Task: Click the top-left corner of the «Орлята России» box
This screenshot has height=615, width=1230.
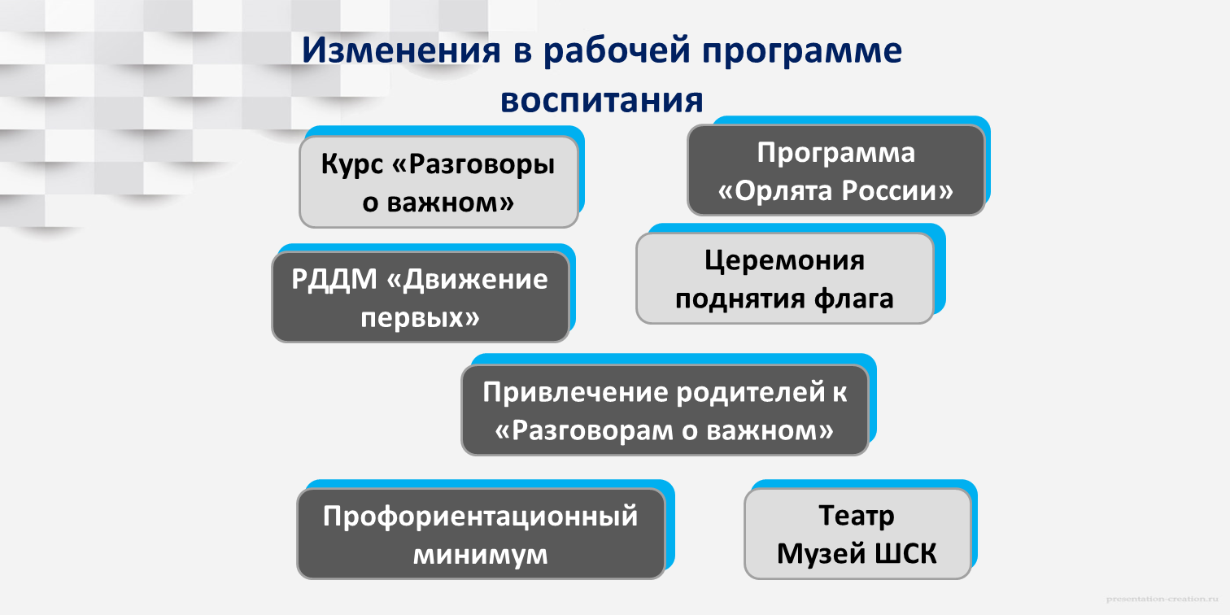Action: pyautogui.click(x=688, y=125)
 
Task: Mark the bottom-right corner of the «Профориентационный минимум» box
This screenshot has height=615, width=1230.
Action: pyautogui.click(x=665, y=578)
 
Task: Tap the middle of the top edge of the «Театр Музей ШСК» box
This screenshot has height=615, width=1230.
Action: pyautogui.click(x=857, y=489)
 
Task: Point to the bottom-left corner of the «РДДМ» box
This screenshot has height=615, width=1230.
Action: pyautogui.click(x=273, y=342)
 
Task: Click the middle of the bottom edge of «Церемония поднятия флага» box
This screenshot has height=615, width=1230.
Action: pyautogui.click(x=785, y=323)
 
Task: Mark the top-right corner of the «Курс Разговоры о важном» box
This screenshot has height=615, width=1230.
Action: pyautogui.click(x=578, y=137)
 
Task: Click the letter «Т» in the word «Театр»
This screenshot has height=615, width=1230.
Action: pyautogui.click(x=827, y=516)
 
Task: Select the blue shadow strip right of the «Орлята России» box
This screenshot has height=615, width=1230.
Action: pyautogui.click(x=988, y=164)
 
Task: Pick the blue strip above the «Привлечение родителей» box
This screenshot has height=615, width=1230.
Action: pyautogui.click(x=674, y=359)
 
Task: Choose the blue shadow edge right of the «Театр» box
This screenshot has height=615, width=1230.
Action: pyautogui.click(x=975, y=528)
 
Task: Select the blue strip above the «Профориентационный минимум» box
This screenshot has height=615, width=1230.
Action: pyautogui.click(x=490, y=484)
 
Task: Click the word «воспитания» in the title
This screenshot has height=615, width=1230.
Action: pyautogui.click(x=602, y=101)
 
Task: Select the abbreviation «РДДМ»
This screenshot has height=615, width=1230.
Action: pyautogui.click(x=334, y=279)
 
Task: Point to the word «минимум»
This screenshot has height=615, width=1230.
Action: pyautogui.click(x=481, y=555)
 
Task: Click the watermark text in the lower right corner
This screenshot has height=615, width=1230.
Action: pyautogui.click(x=1162, y=599)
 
